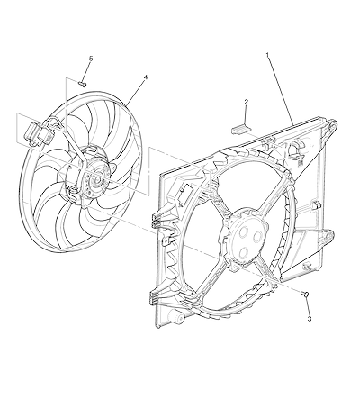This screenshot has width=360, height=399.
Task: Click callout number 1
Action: tap(267, 55)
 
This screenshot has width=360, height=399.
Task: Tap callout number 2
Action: tap(247, 102)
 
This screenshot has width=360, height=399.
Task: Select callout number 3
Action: tap(310, 319)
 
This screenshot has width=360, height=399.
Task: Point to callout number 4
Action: tap(146, 77)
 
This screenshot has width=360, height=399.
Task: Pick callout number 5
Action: tap(91, 59)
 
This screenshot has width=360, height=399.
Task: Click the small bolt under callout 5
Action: tap(82, 84)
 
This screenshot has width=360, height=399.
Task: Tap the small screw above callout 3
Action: tap(304, 294)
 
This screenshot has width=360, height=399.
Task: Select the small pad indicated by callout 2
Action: tap(241, 129)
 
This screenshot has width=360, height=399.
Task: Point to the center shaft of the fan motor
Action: tap(98, 181)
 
